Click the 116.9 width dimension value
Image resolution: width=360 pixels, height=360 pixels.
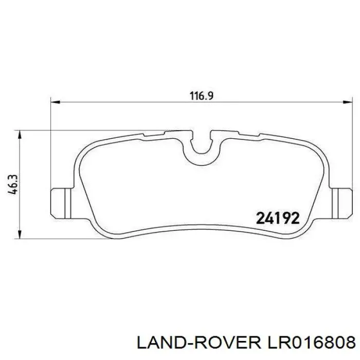202,96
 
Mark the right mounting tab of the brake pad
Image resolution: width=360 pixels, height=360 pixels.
339,203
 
